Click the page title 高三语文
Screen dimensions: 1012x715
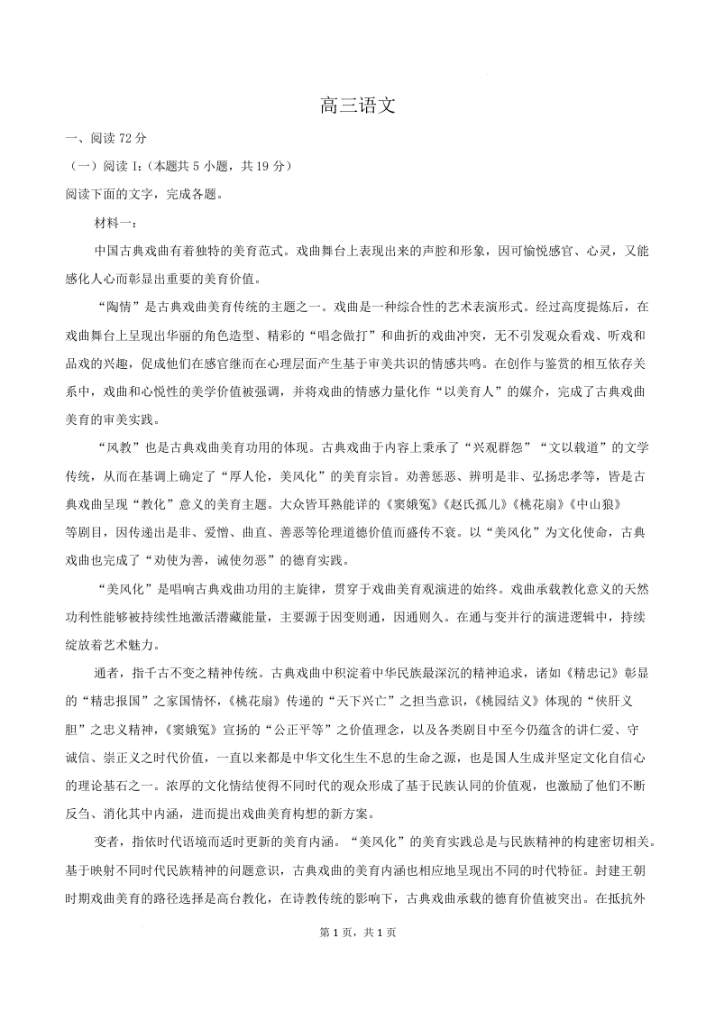pyautogui.click(x=358, y=106)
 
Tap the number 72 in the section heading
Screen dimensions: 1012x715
pyautogui.click(x=126, y=138)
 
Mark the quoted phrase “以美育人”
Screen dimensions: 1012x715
pyautogui.click(x=458, y=391)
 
